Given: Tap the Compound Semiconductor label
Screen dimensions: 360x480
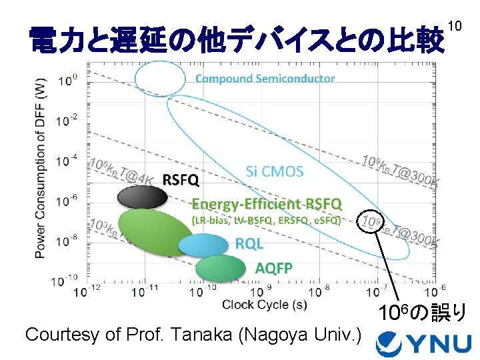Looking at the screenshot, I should (265, 79).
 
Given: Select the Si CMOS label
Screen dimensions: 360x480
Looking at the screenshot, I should (274, 171).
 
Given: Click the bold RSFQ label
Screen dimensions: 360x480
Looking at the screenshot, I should (181, 179).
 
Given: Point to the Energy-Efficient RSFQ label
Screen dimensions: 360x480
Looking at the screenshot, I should (267, 203).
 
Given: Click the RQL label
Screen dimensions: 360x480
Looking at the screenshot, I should (249, 244).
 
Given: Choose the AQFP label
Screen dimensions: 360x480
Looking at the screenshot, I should (273, 268).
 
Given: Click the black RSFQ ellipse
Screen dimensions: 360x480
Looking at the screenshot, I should (142, 197).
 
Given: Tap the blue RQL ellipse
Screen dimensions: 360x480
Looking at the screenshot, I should (203, 246).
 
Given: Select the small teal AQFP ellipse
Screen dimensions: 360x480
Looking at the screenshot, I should (221, 268).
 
